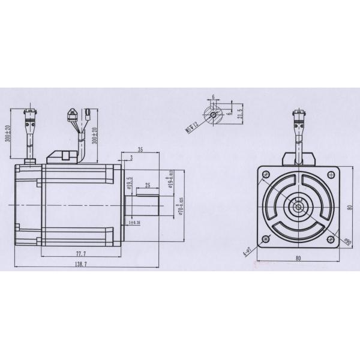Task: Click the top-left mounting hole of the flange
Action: (x=264, y=175)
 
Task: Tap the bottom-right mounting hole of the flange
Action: (x=329, y=240)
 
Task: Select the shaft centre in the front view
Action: (x=296, y=208)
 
